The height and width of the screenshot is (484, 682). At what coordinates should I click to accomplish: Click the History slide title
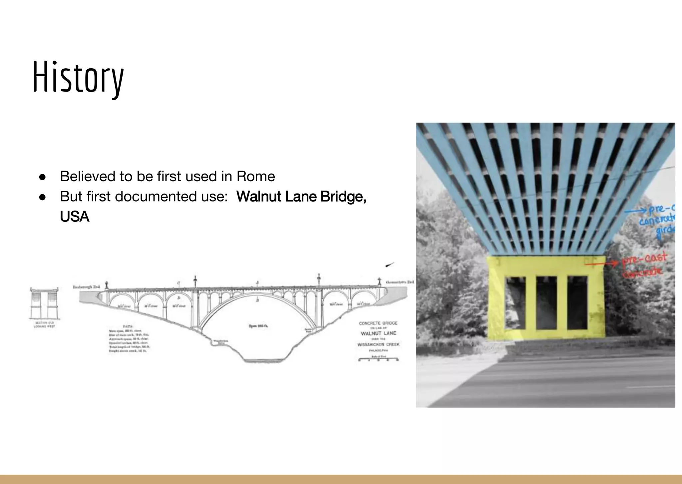click(78, 77)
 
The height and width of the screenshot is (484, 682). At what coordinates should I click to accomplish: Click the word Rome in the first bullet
click(256, 176)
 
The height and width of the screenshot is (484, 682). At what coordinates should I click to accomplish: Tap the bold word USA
click(75, 217)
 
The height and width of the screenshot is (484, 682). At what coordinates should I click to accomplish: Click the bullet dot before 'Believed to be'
click(42, 177)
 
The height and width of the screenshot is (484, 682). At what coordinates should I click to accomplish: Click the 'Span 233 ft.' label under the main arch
click(258, 326)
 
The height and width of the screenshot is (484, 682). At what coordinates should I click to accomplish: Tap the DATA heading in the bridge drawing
click(128, 326)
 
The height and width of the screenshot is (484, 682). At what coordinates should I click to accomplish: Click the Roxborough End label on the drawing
click(86, 287)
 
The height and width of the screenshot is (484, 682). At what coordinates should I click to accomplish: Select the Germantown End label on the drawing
click(400, 282)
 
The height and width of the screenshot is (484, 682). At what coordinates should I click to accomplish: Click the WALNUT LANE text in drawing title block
click(379, 333)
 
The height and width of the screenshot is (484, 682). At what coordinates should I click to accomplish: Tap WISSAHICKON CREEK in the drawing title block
click(378, 344)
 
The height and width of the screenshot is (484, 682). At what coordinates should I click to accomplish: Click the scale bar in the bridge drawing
click(378, 359)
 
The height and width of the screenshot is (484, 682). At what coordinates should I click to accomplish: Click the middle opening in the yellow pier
click(546, 302)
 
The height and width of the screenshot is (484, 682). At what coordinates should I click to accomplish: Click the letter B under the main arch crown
click(257, 300)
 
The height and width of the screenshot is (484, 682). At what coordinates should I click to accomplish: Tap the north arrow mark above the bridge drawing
click(390, 265)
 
